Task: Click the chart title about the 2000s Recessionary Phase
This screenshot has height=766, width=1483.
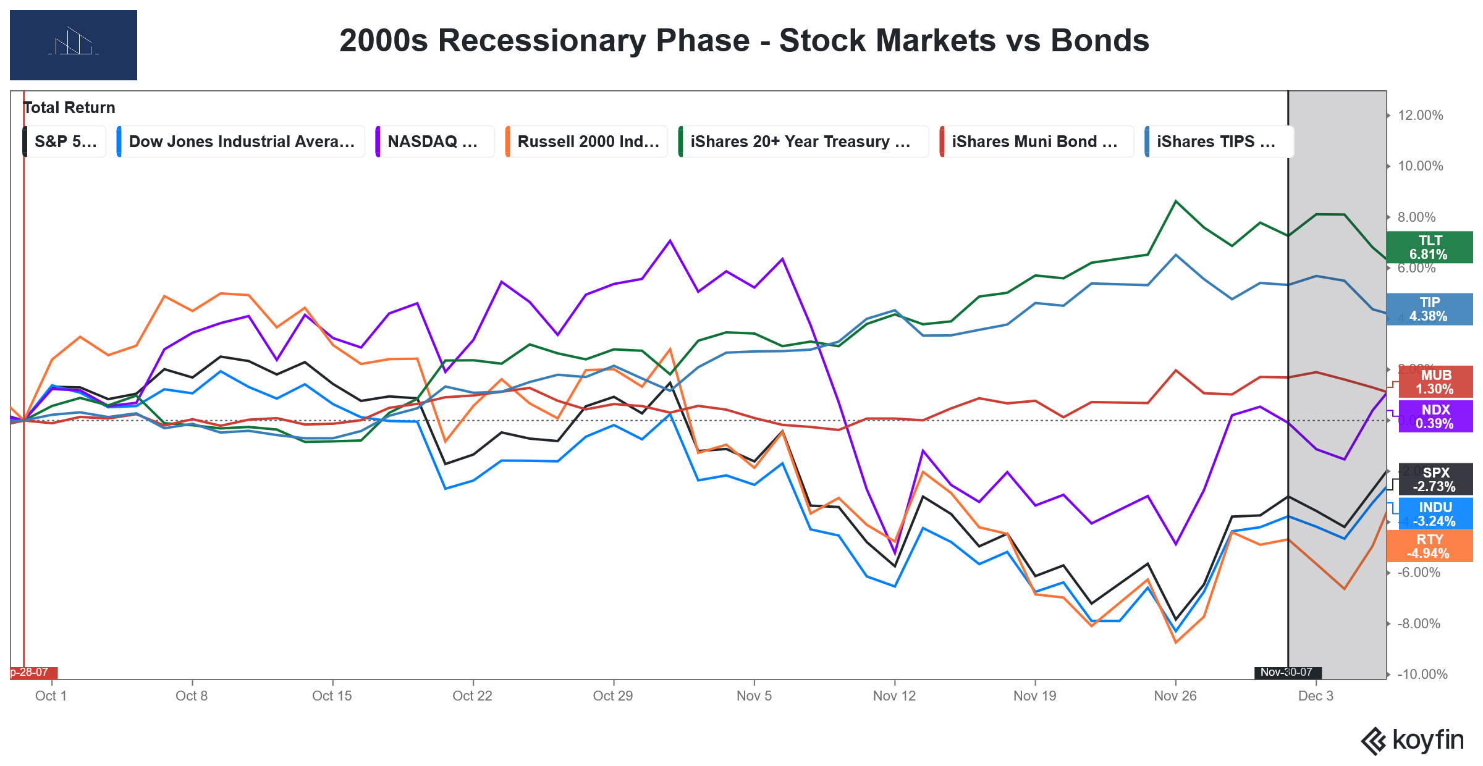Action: tap(744, 41)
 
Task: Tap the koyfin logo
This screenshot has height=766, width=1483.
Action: tap(1413, 741)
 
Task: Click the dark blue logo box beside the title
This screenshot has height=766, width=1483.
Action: tap(74, 45)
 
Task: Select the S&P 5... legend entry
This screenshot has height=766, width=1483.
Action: tap(65, 141)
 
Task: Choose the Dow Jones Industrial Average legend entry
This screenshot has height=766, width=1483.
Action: tap(241, 141)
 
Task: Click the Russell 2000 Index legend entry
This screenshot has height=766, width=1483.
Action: tap(587, 141)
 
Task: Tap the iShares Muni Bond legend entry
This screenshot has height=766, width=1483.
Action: tap(1035, 141)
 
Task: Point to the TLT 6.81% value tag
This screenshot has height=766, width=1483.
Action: tap(1429, 247)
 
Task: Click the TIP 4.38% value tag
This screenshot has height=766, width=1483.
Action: tap(1429, 309)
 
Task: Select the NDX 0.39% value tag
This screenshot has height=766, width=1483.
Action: tap(1435, 416)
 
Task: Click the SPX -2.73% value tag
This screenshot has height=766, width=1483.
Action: tap(1435, 479)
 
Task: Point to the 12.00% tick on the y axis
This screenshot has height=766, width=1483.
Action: tap(1420, 116)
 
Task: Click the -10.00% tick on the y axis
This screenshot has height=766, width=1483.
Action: tap(1422, 674)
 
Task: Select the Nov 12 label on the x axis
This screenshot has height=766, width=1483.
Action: tap(894, 696)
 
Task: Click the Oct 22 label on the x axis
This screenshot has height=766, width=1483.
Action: tap(472, 696)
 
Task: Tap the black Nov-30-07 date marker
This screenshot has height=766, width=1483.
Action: tap(1288, 672)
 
